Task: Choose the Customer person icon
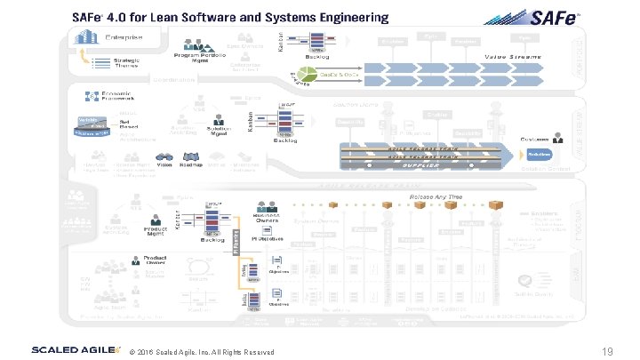557,137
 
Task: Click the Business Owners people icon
266,206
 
